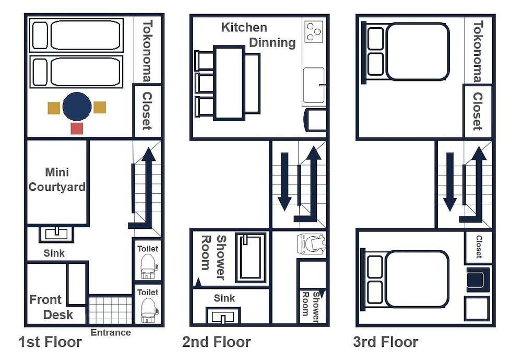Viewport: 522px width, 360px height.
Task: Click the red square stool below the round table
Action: pos(77,128)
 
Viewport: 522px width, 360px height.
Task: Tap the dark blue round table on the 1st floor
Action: pos(77,107)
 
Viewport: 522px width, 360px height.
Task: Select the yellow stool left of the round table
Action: pos(54,108)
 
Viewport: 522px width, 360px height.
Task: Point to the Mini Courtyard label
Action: pos(57,179)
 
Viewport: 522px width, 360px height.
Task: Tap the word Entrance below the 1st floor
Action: pos(111,332)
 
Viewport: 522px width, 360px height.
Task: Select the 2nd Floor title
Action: pos(216,342)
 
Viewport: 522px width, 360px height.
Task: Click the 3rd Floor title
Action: pos(386,342)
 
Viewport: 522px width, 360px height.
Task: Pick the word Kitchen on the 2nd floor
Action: pos(244,27)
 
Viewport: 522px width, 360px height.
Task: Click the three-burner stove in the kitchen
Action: pos(313,32)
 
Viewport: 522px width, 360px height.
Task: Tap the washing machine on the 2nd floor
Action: pos(312,244)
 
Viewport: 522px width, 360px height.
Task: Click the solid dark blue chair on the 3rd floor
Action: pos(478,280)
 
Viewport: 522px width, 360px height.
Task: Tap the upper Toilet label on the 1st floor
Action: pos(148,249)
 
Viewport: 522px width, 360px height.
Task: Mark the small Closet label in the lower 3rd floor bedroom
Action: pos(479,247)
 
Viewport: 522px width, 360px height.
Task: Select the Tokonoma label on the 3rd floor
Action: pos(478,51)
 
